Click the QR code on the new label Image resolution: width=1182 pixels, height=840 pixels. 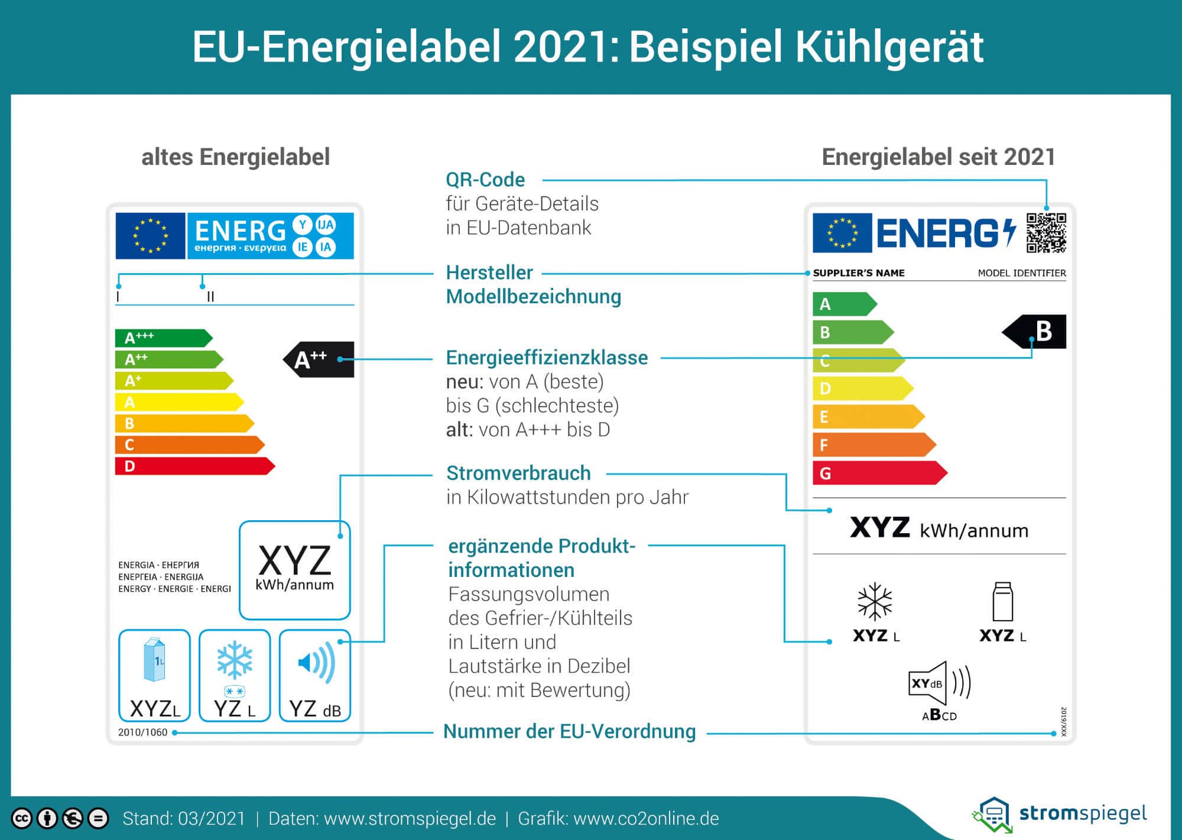tap(1046, 233)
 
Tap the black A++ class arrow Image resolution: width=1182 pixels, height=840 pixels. tap(319, 359)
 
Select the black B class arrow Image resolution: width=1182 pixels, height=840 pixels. tap(1034, 332)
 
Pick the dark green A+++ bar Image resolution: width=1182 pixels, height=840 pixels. tap(164, 338)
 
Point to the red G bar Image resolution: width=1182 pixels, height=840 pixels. tap(880, 473)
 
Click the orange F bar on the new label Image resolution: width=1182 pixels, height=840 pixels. tap(874, 445)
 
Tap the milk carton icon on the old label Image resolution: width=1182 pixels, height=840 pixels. tap(155, 660)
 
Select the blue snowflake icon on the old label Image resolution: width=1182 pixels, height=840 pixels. tap(235, 660)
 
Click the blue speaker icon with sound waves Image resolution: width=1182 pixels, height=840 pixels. tap(316, 663)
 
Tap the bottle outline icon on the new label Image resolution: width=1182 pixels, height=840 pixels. tap(1002, 601)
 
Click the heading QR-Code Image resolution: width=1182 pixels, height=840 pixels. tap(485, 180)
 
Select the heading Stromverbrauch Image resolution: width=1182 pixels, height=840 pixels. tap(518, 473)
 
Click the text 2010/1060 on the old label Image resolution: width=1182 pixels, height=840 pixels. tap(142, 732)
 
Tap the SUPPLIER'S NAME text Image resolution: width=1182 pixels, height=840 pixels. tap(859, 273)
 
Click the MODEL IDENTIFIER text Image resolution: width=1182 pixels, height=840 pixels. tap(1022, 273)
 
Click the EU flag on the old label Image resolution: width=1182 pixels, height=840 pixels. tap(150, 236)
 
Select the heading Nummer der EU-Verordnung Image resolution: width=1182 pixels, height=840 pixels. tap(570, 731)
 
